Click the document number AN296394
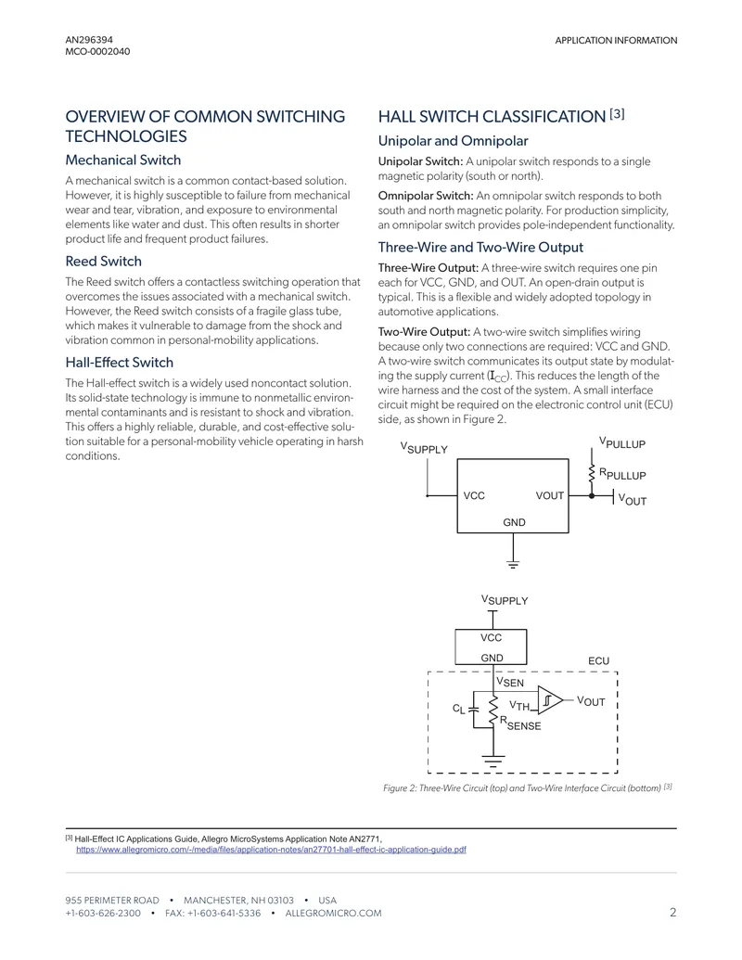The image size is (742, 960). tap(89, 40)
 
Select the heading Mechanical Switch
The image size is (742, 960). tap(123, 160)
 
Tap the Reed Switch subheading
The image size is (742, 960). tap(104, 262)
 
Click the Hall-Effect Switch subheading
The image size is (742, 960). tap(120, 363)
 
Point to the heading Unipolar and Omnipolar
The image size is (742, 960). tap(453, 141)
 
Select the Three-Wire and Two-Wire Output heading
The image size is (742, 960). tap(480, 248)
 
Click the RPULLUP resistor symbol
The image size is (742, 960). tap(592, 473)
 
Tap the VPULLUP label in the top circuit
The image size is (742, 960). tap(622, 442)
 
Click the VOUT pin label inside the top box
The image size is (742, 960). tap(550, 495)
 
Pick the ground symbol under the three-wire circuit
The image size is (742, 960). tap(513, 564)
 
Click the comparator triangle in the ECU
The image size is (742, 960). tap(550, 699)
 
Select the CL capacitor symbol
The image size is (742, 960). tap(473, 710)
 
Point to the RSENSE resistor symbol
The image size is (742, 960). tap(493, 710)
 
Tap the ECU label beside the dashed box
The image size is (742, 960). tap(599, 661)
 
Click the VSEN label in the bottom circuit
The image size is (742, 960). tap(510, 682)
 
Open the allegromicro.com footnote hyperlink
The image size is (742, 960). tap(271, 850)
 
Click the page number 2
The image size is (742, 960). tap(672, 913)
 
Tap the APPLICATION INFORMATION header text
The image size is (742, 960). tap(616, 41)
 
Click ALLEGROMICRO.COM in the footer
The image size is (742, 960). tap(333, 913)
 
